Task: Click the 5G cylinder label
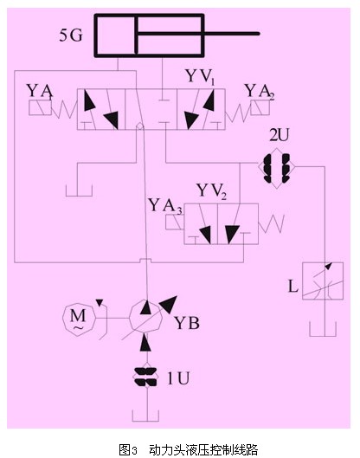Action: point(71,35)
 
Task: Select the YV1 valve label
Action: point(201,77)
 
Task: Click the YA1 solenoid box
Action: point(40,107)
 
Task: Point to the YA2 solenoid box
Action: point(260,107)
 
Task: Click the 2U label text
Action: point(280,136)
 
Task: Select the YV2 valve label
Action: point(212,191)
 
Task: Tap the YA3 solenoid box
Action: point(174,223)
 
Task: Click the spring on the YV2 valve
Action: point(271,223)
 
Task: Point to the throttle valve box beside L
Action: point(323,281)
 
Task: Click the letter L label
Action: point(293,287)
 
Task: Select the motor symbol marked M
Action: point(79,319)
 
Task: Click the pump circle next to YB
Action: point(145,317)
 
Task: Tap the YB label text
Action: point(187,323)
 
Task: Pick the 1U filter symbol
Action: point(145,377)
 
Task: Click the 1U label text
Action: point(178,378)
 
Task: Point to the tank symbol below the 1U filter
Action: point(145,416)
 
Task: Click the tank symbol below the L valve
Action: point(323,329)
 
